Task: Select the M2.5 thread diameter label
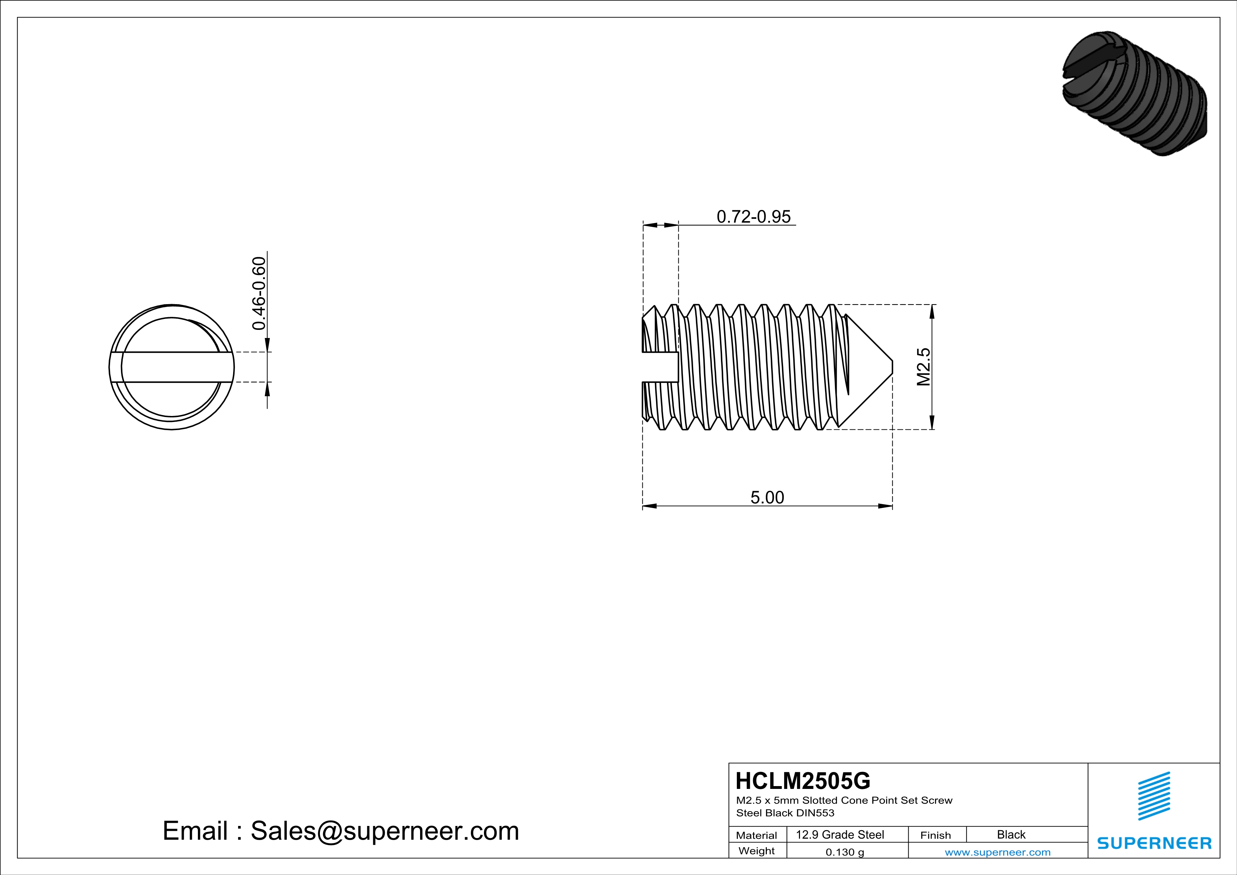(923, 367)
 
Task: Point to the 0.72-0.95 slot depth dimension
(753, 217)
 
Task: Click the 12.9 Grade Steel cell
(840, 834)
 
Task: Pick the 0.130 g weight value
(845, 852)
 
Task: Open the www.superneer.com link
(997, 852)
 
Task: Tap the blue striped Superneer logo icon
(1153, 796)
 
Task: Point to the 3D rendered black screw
(1134, 93)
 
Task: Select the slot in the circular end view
(171, 367)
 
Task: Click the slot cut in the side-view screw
(660, 367)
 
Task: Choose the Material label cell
(757, 835)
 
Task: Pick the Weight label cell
(757, 851)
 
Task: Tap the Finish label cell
(935, 835)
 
